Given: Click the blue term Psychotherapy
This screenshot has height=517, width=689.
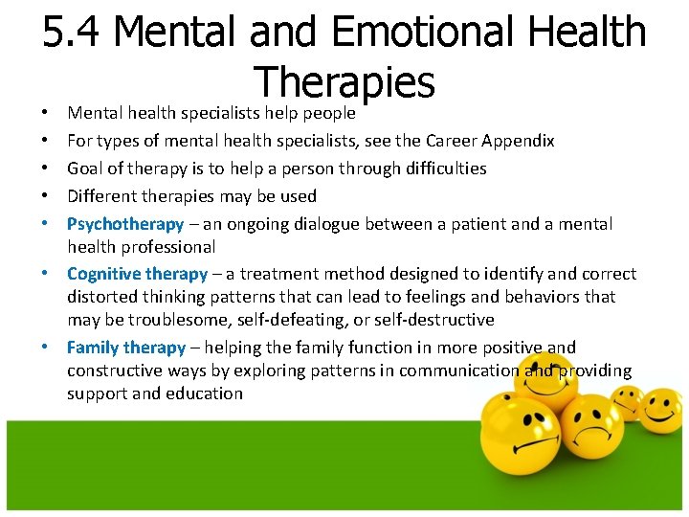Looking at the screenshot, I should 124,224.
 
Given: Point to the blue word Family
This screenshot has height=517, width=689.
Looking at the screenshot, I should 93,348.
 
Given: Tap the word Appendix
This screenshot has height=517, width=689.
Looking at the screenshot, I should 518,141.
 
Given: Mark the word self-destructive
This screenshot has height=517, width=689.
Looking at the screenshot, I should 436,320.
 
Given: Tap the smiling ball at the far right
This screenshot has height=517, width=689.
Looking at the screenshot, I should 660,409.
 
